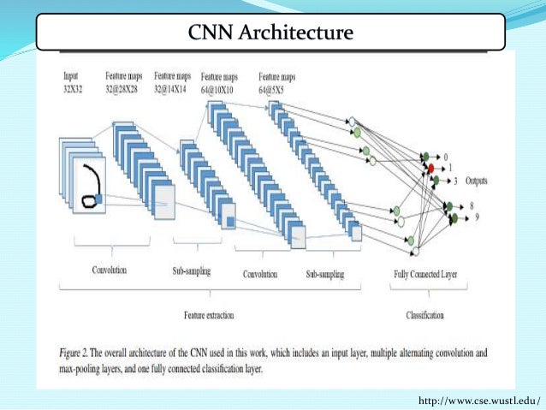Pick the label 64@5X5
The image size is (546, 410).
[x=276, y=88]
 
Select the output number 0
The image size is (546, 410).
[x=445, y=157]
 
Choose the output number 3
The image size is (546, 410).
[x=456, y=181]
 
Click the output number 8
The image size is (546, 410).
[x=472, y=206]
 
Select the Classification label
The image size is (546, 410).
[x=424, y=316]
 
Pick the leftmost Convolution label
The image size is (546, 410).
[x=110, y=271]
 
